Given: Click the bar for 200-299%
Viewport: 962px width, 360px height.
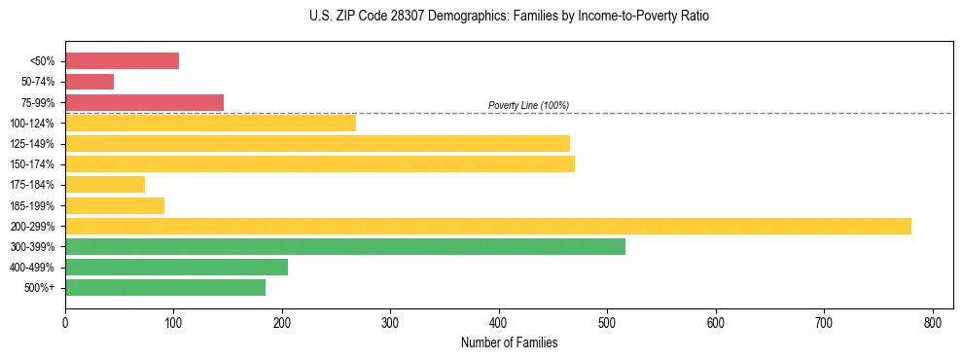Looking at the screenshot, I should coord(487,226).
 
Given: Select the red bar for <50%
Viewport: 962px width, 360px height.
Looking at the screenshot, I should coord(122,61).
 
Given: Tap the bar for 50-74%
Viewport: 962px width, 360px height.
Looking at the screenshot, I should coord(89,82).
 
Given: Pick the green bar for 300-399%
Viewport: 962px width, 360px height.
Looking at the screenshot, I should coord(345,246).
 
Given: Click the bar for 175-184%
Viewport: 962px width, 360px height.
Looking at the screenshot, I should coord(105,184).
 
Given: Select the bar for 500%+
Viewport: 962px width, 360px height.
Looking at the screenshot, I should coord(165,287).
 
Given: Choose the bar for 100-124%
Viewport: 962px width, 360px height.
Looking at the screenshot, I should coord(210,123).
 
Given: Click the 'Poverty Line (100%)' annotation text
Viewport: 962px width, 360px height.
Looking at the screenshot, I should coord(528,105).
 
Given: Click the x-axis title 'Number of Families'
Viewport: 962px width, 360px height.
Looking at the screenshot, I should coord(509,342).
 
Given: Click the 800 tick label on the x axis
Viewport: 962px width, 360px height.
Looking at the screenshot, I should coord(933,321).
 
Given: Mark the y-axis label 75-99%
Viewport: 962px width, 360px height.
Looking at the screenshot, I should coord(37,102).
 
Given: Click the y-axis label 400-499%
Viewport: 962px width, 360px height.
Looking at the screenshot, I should coord(34,267).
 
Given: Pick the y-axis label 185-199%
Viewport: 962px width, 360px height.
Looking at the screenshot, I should coord(34,205).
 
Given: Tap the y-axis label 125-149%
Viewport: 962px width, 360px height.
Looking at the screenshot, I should coord(34,143).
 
